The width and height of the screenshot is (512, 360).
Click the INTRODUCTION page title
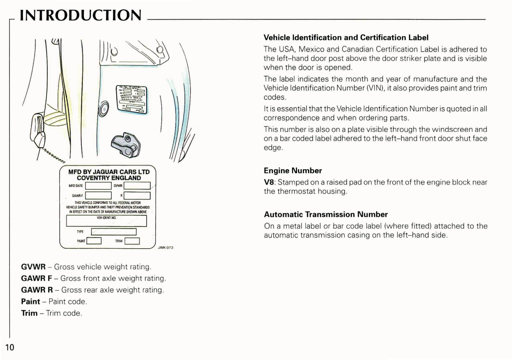click(80, 16)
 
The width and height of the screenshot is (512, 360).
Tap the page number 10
click(10, 347)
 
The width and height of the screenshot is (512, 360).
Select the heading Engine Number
click(293, 171)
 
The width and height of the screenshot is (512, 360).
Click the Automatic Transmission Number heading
click(326, 214)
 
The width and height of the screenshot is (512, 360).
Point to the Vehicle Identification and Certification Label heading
click(346, 38)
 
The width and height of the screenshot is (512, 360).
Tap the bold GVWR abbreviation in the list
click(33, 267)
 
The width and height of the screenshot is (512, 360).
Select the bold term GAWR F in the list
click(36, 279)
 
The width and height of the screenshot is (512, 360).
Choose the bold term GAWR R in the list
click(37, 290)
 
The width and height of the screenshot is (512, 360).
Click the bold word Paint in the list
click(30, 302)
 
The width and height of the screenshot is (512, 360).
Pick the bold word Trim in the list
click(29, 313)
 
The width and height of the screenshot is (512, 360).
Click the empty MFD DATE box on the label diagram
click(98, 186)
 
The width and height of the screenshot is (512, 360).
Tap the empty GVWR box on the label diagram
click(137, 186)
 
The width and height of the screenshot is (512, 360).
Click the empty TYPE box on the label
click(114, 232)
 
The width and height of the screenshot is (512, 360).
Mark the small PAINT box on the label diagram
click(94, 241)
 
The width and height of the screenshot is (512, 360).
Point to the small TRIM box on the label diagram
click(132, 241)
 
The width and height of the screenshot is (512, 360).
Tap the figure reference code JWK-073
click(165, 248)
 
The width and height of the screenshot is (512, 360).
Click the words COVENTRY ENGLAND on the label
click(109, 178)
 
